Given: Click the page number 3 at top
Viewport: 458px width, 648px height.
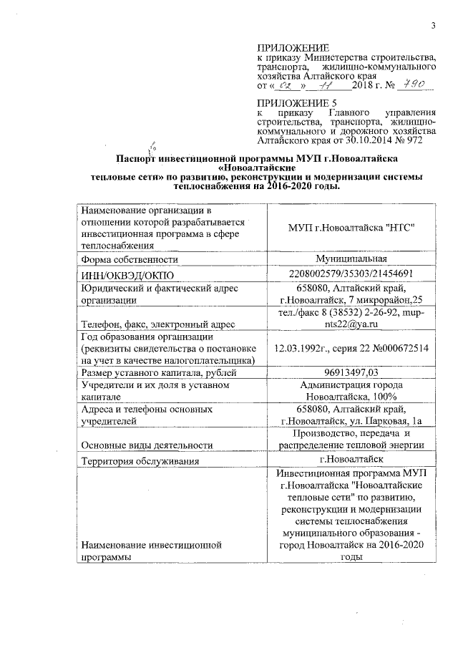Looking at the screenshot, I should tap(433, 26).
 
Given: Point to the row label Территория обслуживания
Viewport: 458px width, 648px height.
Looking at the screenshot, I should tap(140, 460).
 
